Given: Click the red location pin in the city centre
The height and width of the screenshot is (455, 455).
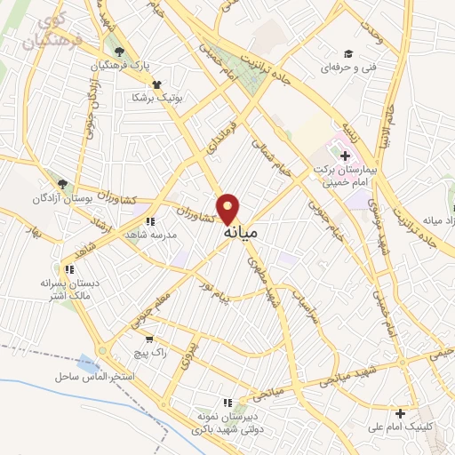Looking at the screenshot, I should [229, 208].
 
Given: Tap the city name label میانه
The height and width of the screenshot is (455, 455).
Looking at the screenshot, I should [241, 233].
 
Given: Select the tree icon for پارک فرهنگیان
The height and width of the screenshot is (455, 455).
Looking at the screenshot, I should [119, 51].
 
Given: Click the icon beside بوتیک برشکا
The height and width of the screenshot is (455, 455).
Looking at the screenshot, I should [157, 84].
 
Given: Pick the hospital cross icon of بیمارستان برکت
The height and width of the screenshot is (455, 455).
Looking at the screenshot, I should [345, 156].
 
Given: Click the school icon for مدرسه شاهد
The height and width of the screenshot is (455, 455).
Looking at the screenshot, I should [150, 221].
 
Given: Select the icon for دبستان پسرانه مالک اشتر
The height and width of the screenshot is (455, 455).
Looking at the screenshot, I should [69, 269].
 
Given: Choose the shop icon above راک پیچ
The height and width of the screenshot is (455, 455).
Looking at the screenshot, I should [148, 339].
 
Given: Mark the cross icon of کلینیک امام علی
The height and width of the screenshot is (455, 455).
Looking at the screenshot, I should [401, 412].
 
